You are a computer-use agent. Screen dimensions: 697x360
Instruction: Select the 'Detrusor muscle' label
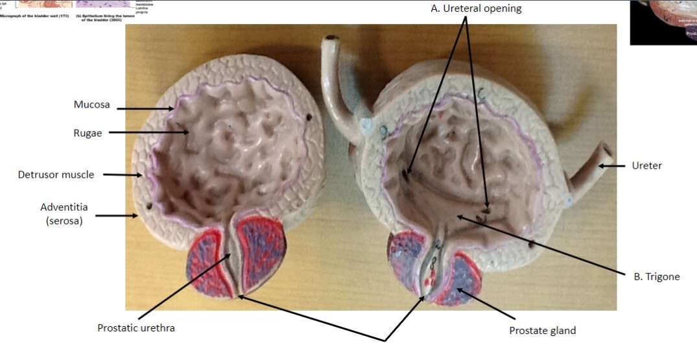pyautogui.click(x=56, y=174)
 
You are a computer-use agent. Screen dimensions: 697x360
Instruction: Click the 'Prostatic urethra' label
pyautogui.click(x=136, y=328)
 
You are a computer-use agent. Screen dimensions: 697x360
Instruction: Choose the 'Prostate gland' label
pyautogui.click(x=543, y=331)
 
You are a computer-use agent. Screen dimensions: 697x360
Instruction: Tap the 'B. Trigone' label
pyautogui.click(x=657, y=277)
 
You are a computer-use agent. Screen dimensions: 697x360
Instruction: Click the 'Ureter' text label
pyautogui.click(x=646, y=166)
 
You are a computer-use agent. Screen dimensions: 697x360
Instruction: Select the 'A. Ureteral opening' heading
pyautogui.click(x=476, y=9)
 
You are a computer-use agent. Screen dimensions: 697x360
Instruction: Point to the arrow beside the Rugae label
pyautogui.click(x=148, y=133)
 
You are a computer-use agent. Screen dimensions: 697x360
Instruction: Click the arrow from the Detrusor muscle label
pyautogui.click(x=124, y=174)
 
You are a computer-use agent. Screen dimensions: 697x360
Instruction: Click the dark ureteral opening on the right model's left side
pyautogui.click(x=406, y=174)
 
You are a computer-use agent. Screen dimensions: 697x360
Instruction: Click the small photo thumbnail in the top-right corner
pyautogui.click(x=663, y=22)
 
